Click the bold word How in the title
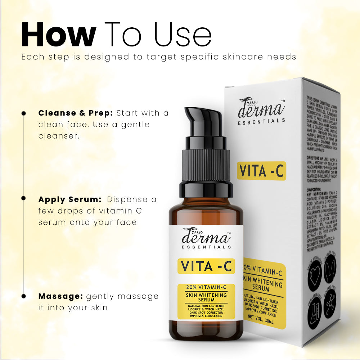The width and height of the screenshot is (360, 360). coord(58,35)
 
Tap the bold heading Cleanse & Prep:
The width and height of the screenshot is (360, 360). coord(76,113)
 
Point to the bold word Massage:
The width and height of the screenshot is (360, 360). coord(60,296)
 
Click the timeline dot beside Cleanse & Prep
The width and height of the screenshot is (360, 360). coord(24,113)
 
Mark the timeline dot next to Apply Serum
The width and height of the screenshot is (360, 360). coord(24,198)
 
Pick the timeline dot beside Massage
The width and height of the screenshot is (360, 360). coord(24,296)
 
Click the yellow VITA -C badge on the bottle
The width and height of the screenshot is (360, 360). coord(206,266)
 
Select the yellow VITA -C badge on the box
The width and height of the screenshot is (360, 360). coord(261,171)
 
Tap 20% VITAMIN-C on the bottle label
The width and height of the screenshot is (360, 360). coord(206,287)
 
